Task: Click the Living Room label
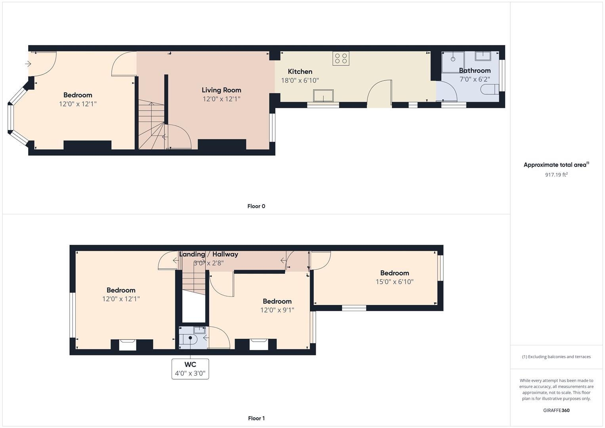click(221, 90)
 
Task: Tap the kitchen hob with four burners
click(341, 58)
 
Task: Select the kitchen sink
click(323, 96)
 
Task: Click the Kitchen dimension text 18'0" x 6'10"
click(300, 80)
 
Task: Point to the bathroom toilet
click(490, 89)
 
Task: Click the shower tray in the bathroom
click(453, 62)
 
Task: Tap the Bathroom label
click(475, 71)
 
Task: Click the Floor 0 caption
click(256, 206)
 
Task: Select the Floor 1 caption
click(256, 418)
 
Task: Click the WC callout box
click(190, 369)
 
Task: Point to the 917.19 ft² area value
click(556, 174)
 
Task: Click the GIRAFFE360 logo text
click(556, 410)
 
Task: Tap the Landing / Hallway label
click(208, 254)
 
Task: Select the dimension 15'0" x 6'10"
click(394, 281)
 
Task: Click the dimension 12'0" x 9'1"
click(277, 310)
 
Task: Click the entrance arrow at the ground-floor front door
click(28, 64)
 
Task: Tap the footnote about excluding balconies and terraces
click(556, 357)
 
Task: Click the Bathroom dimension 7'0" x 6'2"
click(475, 79)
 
